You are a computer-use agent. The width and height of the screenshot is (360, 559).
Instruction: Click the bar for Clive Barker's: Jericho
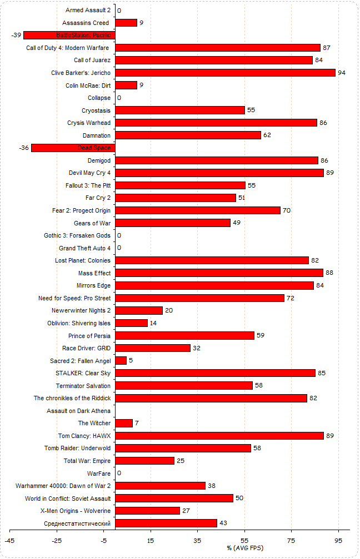point(225,73)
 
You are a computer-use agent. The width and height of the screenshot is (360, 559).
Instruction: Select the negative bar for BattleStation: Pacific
point(69,35)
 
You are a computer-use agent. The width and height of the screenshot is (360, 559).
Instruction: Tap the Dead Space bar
point(73,148)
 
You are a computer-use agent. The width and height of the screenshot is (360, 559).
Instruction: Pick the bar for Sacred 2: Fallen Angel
point(121,361)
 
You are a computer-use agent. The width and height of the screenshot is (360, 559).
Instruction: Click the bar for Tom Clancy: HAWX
point(219,436)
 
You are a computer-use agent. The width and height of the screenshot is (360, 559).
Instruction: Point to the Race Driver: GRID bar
point(153,348)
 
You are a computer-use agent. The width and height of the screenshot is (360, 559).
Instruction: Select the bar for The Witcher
point(124,423)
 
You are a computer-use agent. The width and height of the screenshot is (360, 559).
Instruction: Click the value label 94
point(342,73)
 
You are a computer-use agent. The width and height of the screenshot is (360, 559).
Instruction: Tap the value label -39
point(16,36)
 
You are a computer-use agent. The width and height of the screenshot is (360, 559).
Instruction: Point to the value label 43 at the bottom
point(224,523)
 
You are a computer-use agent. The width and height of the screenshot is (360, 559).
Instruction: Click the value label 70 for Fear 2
point(287,211)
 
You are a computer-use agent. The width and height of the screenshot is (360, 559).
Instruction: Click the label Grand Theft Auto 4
point(84,248)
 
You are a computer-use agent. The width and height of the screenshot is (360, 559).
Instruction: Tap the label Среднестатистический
point(77,523)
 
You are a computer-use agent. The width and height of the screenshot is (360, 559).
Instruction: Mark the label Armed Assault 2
point(88,11)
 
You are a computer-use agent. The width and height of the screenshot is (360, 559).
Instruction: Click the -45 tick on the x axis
point(9,541)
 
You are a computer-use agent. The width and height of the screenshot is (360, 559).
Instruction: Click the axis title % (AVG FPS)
point(245,548)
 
